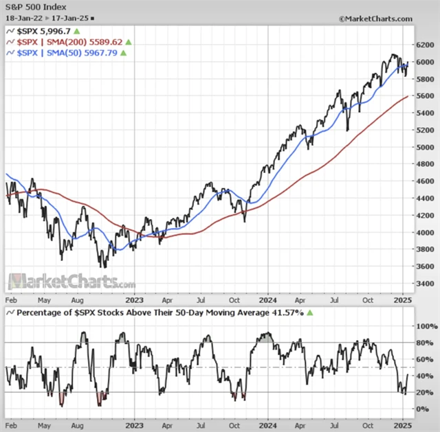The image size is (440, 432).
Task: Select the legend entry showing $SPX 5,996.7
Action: click(x=41, y=32)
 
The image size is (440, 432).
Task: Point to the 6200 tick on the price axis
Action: click(x=426, y=45)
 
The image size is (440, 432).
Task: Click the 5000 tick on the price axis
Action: click(x=426, y=147)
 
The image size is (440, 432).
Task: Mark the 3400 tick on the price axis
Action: click(x=426, y=283)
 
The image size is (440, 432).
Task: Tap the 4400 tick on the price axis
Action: click(x=426, y=198)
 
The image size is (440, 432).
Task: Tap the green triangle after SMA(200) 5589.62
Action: click(x=128, y=42)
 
